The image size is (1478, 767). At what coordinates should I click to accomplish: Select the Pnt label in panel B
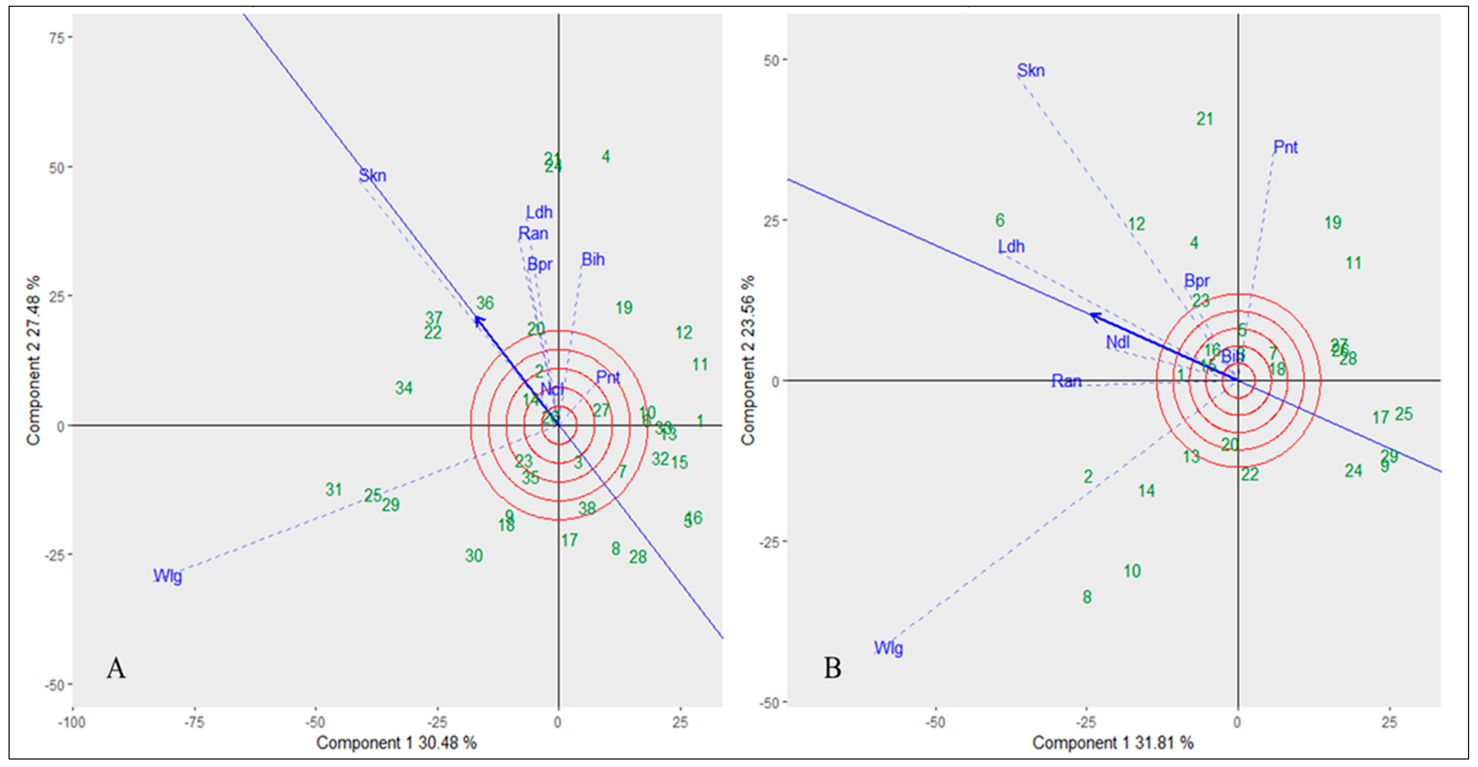[1285, 148]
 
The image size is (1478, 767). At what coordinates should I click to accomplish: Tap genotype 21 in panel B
[1204, 119]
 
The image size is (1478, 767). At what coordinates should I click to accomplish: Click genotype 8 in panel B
[1087, 597]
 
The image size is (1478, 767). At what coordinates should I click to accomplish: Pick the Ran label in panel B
[1066, 381]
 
